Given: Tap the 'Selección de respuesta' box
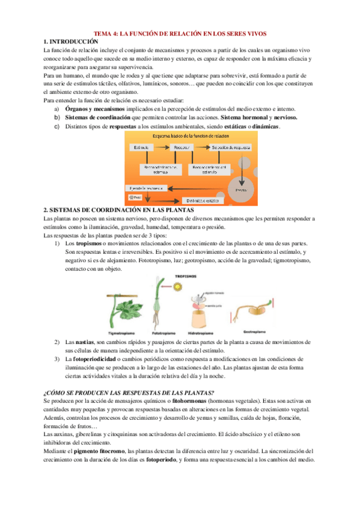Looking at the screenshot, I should pos(230,147).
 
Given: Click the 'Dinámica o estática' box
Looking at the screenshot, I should pos(201,200).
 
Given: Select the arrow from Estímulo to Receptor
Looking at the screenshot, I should pos(163,147).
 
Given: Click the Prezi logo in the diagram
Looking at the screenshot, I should pos(133,197).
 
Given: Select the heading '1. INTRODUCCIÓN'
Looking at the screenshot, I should pos(71,41).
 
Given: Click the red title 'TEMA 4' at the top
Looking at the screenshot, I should pos(180,33).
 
